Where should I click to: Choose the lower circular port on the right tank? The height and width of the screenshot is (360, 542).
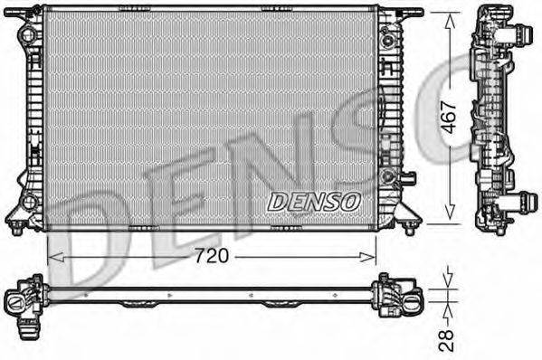388,175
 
